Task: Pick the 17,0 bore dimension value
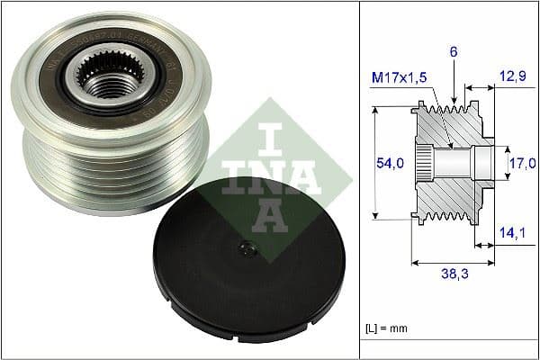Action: (522, 163)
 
